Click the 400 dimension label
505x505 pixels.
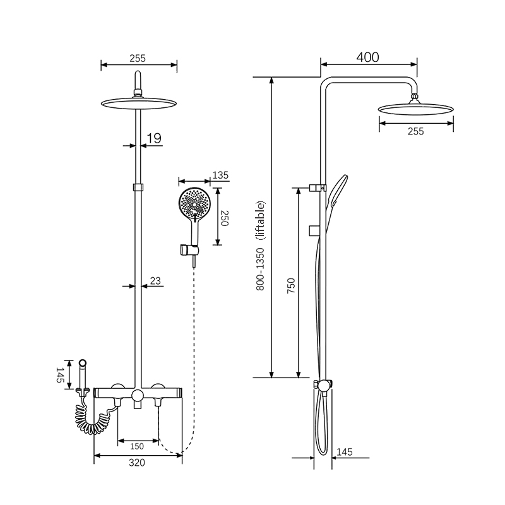pyautogui.click(x=367, y=57)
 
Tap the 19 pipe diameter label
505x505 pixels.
pyautogui.click(x=153, y=138)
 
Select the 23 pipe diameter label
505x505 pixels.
pyautogui.click(x=155, y=281)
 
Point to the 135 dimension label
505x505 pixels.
pyautogui.click(x=220, y=175)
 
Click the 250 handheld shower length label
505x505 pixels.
pyautogui.click(x=225, y=218)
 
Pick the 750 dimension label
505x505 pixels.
pyautogui.click(x=291, y=285)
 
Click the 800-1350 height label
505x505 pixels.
pyautogui.click(x=260, y=270)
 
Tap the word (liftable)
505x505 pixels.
pyautogui.click(x=261, y=220)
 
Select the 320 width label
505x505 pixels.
pyautogui.click(x=137, y=463)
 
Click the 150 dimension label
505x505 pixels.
pyautogui.click(x=137, y=446)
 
